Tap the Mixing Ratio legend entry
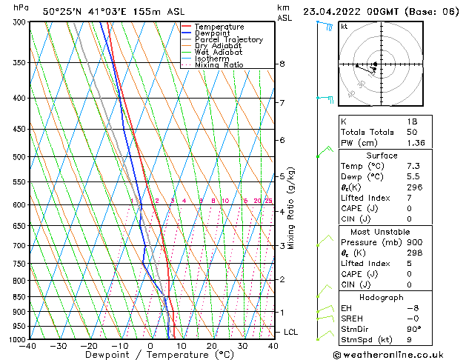click(x=219, y=65)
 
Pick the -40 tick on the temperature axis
click(x=28, y=346)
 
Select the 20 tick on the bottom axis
click(x=212, y=346)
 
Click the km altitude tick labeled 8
click(x=282, y=64)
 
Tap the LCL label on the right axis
click(x=290, y=332)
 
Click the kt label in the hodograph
click(x=344, y=26)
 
